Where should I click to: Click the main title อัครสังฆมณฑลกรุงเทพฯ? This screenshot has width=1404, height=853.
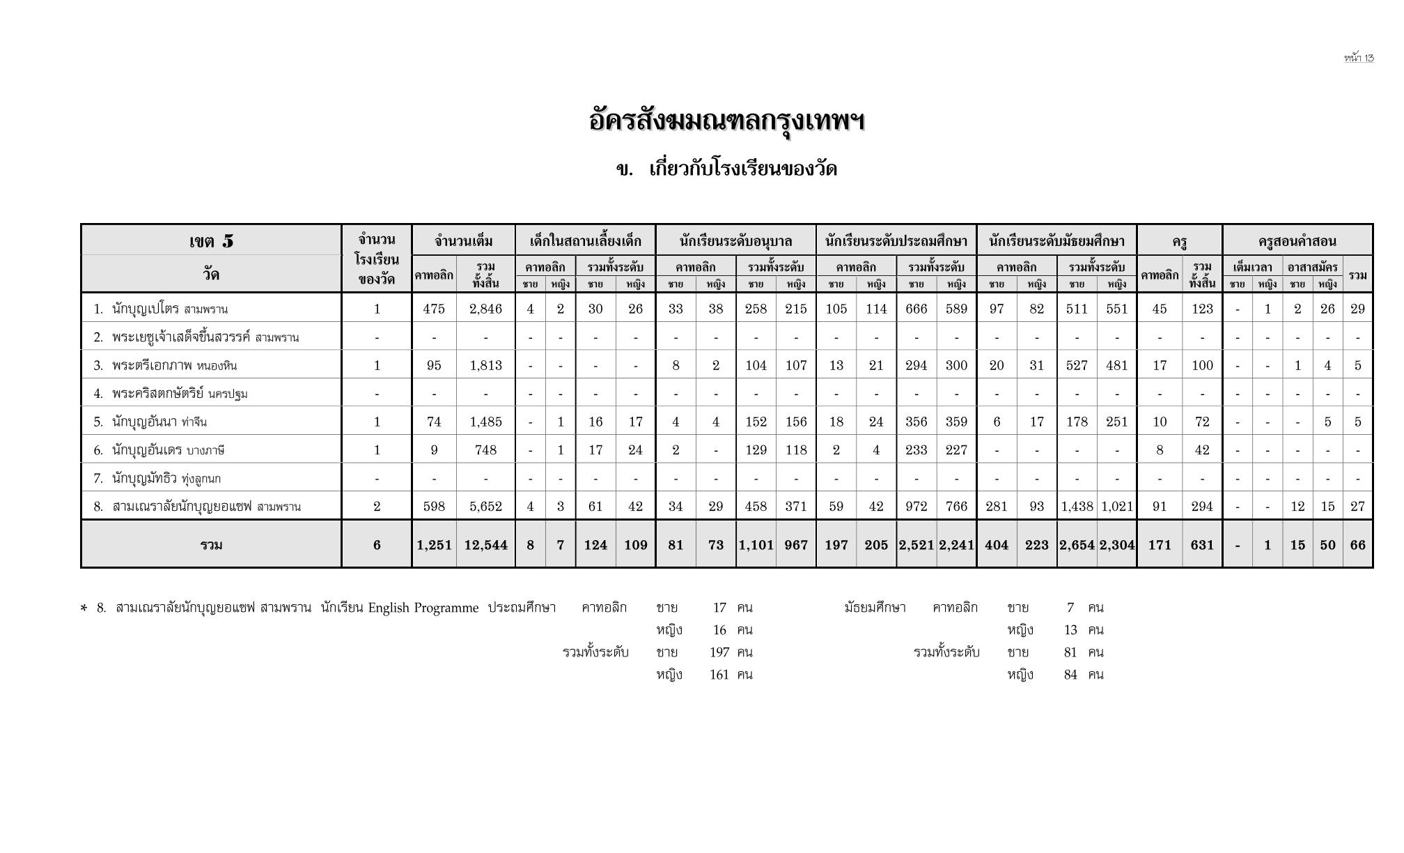[726, 121]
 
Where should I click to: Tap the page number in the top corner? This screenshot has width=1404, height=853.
[1359, 58]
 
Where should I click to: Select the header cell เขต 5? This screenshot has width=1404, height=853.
[211, 241]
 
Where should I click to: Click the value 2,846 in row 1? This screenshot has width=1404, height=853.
[485, 309]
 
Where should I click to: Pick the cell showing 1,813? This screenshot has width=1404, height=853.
[485, 365]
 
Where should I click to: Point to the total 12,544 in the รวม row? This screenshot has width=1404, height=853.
[485, 545]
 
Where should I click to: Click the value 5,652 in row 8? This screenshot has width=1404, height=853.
[485, 507]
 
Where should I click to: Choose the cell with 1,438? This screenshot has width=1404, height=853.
[1077, 507]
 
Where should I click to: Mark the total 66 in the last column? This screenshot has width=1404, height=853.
[1357, 545]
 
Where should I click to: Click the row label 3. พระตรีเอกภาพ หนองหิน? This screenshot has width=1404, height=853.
[166, 365]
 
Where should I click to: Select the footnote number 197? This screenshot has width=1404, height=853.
[719, 652]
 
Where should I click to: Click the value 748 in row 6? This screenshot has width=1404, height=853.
[485, 450]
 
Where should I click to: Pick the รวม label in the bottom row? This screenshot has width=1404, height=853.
[211, 545]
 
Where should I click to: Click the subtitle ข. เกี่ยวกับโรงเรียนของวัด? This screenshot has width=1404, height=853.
[726, 169]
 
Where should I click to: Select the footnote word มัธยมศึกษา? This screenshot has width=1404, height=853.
[875, 608]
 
